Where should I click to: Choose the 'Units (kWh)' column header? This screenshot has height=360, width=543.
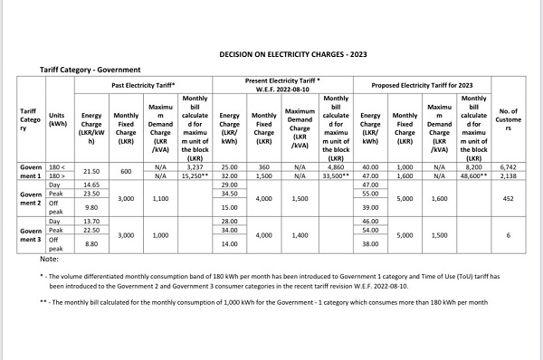click(x=59, y=122)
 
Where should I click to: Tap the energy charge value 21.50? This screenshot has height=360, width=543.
click(x=90, y=171)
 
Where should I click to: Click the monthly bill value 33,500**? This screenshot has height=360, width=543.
click(x=336, y=175)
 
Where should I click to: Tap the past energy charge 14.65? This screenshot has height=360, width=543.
click(x=90, y=184)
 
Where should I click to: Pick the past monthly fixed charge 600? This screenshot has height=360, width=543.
click(x=126, y=171)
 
